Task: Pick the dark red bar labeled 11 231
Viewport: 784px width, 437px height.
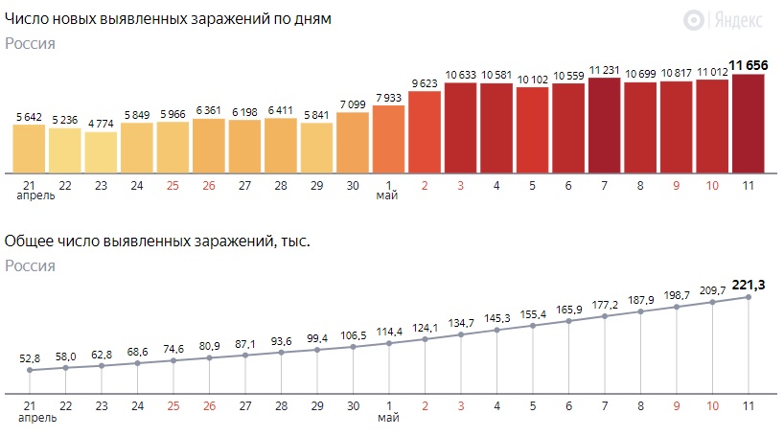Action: click(604, 125)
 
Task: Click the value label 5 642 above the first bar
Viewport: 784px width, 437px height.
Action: click(29, 117)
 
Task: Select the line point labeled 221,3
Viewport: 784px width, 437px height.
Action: click(748, 297)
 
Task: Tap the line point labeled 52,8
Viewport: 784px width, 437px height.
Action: click(29, 370)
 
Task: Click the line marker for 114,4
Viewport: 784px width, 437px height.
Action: click(388, 343)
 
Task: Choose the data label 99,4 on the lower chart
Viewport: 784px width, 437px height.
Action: click(316, 338)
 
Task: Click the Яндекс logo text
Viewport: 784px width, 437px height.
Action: click(739, 19)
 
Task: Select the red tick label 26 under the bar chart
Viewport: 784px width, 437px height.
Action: click(209, 184)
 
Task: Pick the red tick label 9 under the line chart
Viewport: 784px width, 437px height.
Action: click(677, 406)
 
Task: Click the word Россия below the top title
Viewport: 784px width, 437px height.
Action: click(30, 43)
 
